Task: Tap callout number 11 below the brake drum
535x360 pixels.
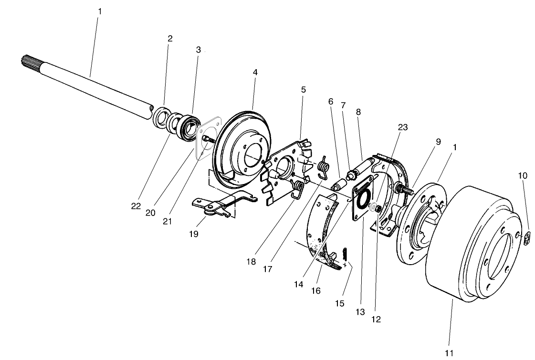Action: click(x=449, y=353)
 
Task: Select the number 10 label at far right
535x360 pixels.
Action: click(x=523, y=175)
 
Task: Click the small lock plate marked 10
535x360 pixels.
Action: click(x=525, y=238)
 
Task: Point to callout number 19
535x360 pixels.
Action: click(x=193, y=234)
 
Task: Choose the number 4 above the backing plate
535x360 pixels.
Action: click(x=255, y=72)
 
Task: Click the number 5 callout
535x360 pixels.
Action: click(x=304, y=89)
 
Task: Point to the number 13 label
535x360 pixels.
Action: click(x=360, y=312)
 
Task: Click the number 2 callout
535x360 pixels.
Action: click(x=170, y=38)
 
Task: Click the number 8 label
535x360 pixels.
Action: click(x=358, y=112)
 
